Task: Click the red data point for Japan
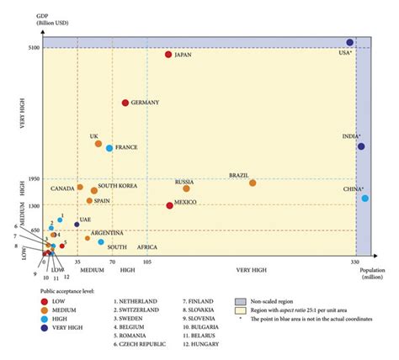pos(169,55)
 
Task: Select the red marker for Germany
pos(125,103)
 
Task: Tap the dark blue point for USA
pos(349,42)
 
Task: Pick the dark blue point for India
pos(360,146)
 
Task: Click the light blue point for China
pos(364,199)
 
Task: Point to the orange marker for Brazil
pos(253,183)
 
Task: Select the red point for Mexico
pos(169,205)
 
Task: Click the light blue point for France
pos(109,148)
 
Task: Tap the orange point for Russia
pos(186,189)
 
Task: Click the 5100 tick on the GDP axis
pos(34,48)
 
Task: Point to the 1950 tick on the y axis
pos(34,179)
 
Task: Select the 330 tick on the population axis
pos(354,262)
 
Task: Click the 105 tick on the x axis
pos(147,262)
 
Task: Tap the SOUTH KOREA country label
pos(117,186)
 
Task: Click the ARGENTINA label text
pos(107,233)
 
